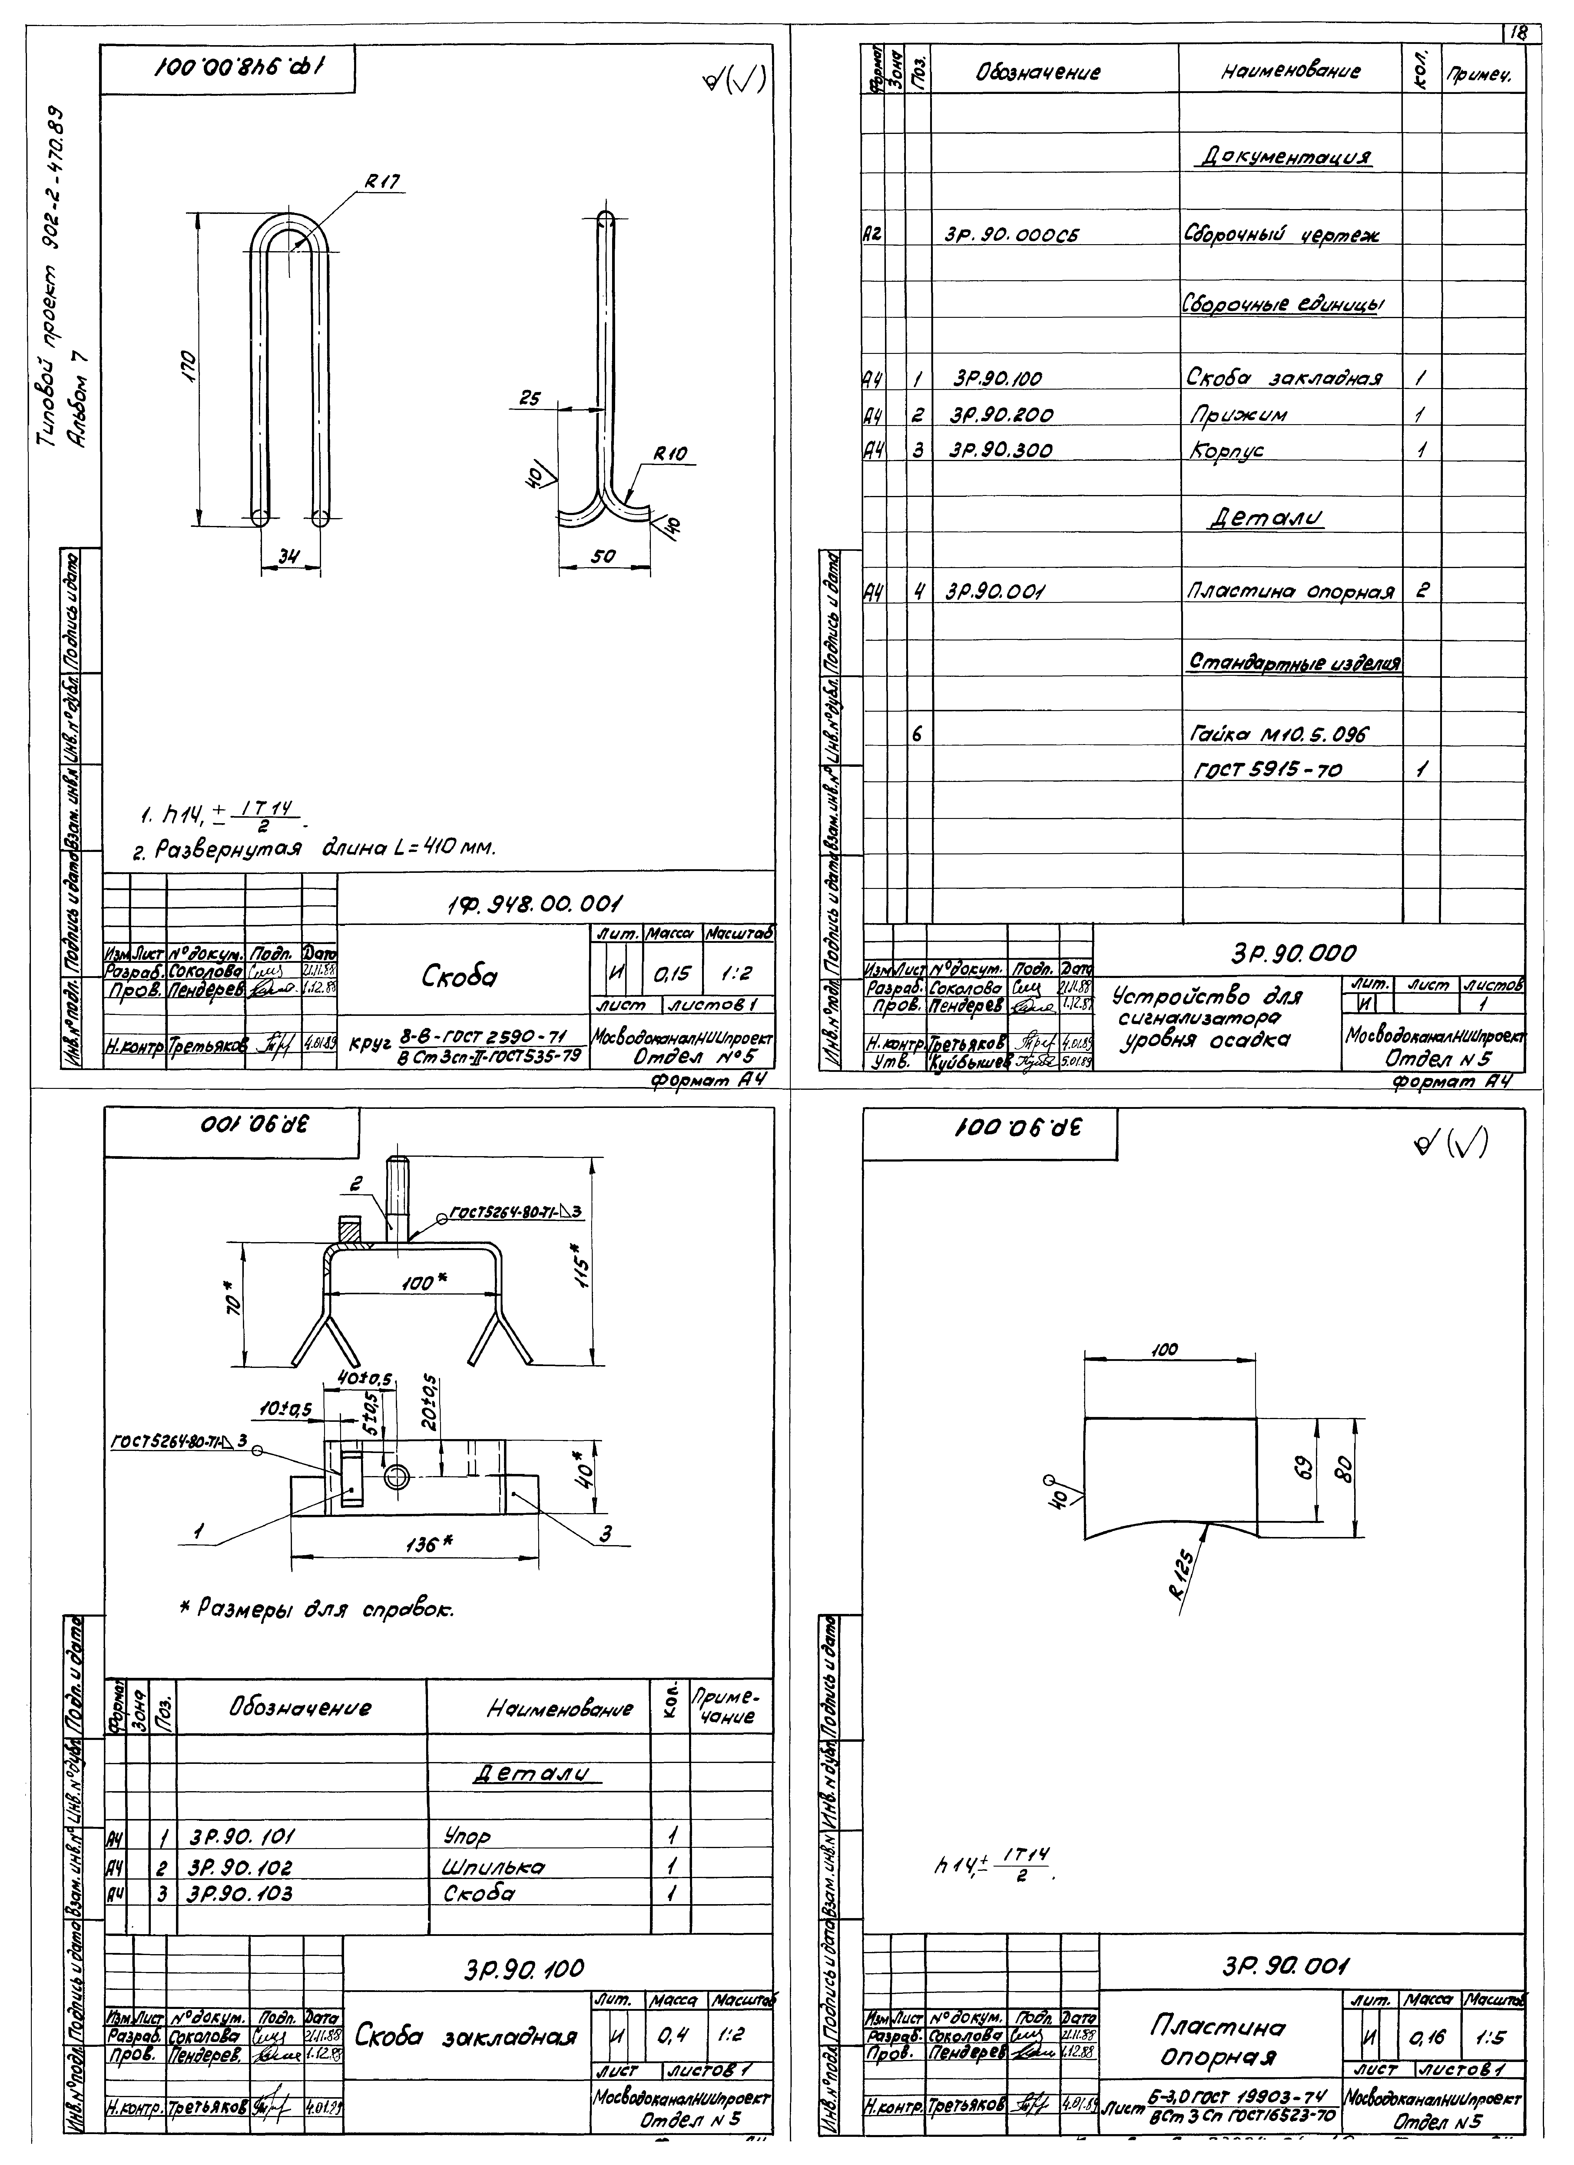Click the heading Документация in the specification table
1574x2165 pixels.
click(x=1284, y=158)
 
